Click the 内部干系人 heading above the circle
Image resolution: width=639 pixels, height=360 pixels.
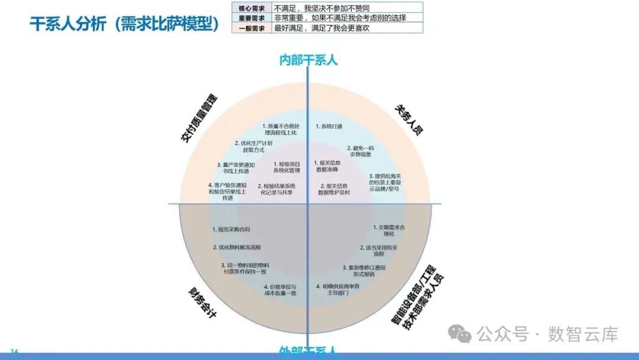click(308, 59)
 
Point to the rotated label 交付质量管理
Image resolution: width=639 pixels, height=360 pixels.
click(199, 118)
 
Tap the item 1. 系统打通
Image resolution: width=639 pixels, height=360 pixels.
click(329, 126)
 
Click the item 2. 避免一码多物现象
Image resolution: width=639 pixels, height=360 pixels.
click(360, 151)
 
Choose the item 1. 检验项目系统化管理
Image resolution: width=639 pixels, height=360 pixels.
click(287, 167)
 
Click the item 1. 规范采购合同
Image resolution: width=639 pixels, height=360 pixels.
click(231, 229)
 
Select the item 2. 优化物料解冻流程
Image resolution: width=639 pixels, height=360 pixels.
click(237, 247)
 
